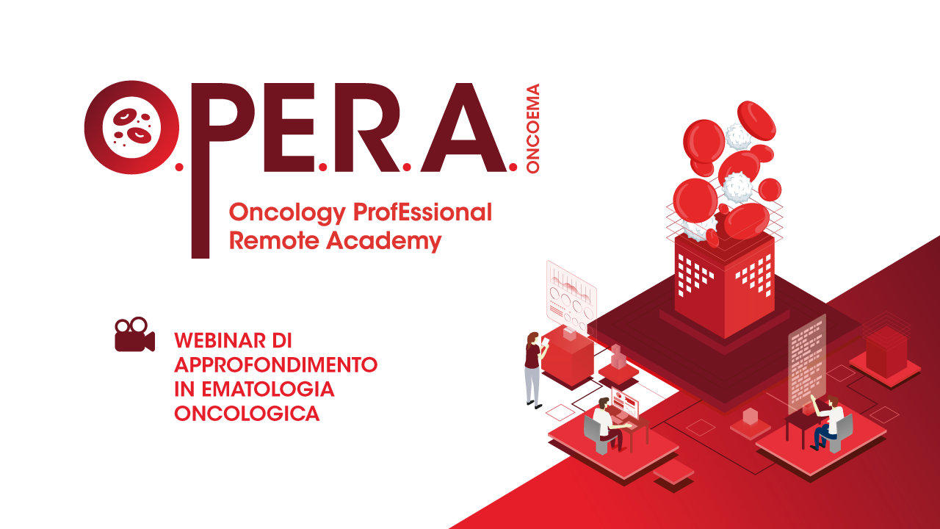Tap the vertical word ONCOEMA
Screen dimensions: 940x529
coord(532,129)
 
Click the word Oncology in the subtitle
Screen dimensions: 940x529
coord(287,214)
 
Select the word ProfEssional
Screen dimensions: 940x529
coord(422,212)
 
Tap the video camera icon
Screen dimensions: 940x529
coord(134,334)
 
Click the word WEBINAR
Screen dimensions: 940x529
coord(220,340)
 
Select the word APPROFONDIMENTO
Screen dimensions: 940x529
coord(275,365)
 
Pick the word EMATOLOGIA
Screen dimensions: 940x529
coord(268,389)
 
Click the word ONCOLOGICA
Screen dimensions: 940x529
coord(247,414)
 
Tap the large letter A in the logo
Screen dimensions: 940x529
coord(463,127)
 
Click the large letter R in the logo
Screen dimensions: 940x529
coord(365,127)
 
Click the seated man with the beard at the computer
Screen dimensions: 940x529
coord(608,423)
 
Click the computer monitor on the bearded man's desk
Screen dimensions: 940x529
coord(624,403)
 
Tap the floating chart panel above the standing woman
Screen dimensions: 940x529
coord(571,298)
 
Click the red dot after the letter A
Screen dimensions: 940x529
coord(513,167)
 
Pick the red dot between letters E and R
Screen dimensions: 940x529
coord(322,167)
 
